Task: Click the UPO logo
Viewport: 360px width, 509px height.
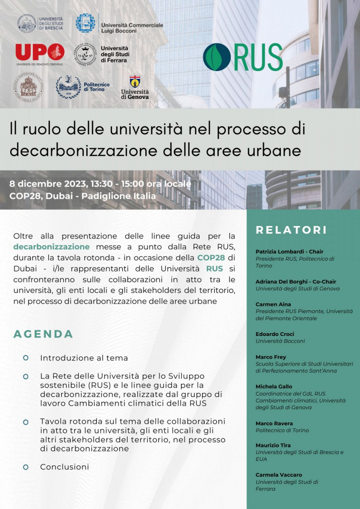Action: (40, 52)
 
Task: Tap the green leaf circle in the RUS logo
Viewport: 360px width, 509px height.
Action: (217, 57)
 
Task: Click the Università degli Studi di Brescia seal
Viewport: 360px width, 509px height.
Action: (27, 23)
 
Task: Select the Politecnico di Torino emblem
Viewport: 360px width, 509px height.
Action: (68, 87)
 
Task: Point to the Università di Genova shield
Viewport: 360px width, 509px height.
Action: (135, 81)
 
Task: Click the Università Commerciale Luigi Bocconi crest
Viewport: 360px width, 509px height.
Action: (85, 23)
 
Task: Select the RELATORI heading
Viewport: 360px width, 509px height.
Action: (291, 230)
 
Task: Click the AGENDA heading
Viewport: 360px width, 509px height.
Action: (43, 334)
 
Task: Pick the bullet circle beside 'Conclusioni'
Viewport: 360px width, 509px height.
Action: (26, 467)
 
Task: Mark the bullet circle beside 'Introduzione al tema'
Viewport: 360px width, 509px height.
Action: (26, 358)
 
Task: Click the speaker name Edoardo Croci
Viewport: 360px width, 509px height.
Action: (275, 334)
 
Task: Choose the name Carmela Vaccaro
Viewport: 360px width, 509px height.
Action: (279, 475)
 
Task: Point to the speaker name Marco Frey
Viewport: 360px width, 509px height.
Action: (271, 357)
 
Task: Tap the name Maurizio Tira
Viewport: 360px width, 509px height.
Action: (273, 445)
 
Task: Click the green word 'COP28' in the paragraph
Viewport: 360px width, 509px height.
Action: (211, 258)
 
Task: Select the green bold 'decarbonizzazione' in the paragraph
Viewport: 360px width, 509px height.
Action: (51, 247)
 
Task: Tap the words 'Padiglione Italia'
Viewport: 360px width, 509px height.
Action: (118, 196)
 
